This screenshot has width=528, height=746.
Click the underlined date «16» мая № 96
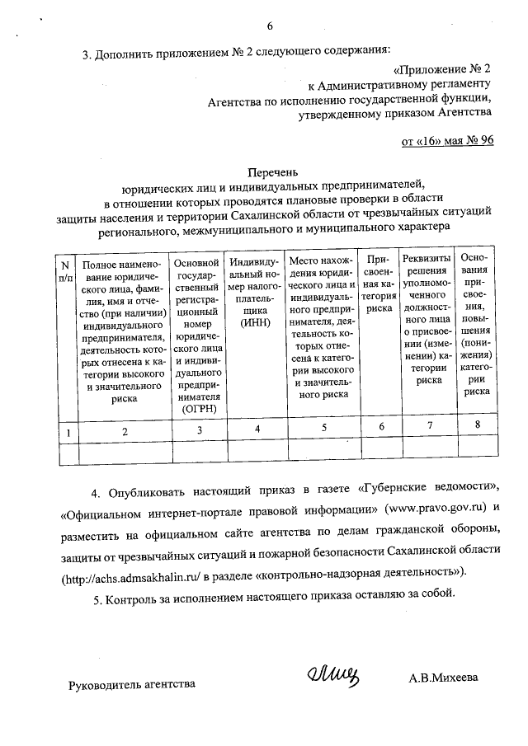click(447, 141)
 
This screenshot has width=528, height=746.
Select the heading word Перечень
click(271, 173)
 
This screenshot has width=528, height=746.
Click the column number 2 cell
click(124, 430)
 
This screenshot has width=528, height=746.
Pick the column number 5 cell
click(323, 429)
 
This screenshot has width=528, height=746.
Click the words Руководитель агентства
click(132, 684)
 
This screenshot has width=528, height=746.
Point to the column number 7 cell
click(428, 426)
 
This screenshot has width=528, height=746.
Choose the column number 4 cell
click(257, 429)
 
